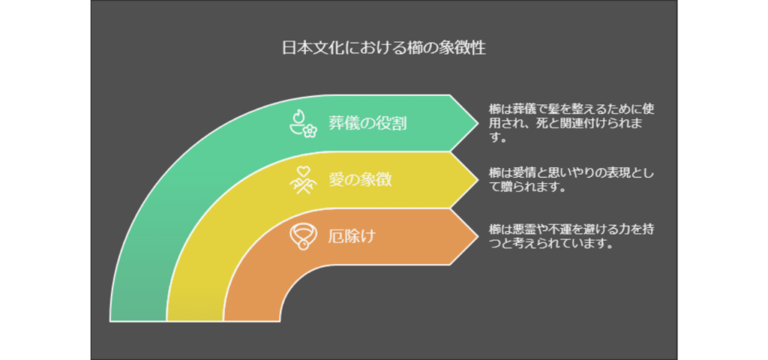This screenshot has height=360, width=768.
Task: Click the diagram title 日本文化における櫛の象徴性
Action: coord(384,49)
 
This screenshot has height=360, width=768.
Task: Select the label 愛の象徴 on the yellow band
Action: coord(361,180)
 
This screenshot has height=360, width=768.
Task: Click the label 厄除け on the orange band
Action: coord(352,236)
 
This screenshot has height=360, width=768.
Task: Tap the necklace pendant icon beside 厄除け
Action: coord(304,237)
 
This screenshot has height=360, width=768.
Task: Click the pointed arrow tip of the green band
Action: coord(477,123)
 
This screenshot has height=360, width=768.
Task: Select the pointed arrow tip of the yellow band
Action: coord(477,180)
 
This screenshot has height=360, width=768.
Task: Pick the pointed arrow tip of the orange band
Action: coord(477,236)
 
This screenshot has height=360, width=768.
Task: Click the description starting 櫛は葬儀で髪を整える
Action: coord(571,123)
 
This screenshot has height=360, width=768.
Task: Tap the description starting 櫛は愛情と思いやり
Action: coord(571,180)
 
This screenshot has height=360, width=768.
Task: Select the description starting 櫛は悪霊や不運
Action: coord(571,236)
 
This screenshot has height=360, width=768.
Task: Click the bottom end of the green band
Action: coord(139,321)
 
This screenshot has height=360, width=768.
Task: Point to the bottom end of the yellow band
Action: coord(195,321)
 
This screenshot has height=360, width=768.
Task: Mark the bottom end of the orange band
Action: coord(252,321)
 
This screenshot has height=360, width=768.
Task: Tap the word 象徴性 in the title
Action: coord(462,49)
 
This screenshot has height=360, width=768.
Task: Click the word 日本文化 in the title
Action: coord(313,49)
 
